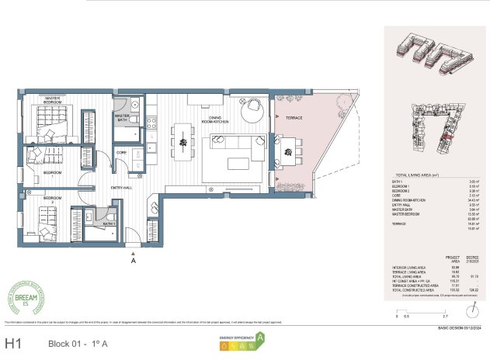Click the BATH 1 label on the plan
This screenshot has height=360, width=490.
[109, 223]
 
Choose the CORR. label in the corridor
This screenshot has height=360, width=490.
[121, 153]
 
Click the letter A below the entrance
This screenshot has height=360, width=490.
[134, 261]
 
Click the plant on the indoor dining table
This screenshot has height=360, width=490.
[183, 141]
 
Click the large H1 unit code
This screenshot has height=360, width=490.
[13, 342]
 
